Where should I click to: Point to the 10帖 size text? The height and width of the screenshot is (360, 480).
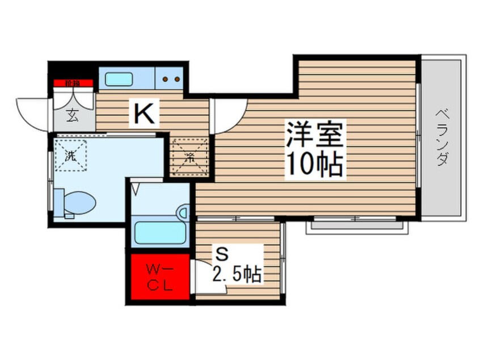pos(313,165)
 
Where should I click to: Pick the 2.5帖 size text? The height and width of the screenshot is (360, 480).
pos(237,275)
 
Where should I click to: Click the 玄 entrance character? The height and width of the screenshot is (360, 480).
pos(74,114)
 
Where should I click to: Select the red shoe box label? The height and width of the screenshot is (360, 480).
pos(73,83)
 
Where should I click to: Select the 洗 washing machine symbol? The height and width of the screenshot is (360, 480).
pos(71,155)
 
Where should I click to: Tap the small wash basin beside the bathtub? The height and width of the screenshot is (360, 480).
pos(183,212)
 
